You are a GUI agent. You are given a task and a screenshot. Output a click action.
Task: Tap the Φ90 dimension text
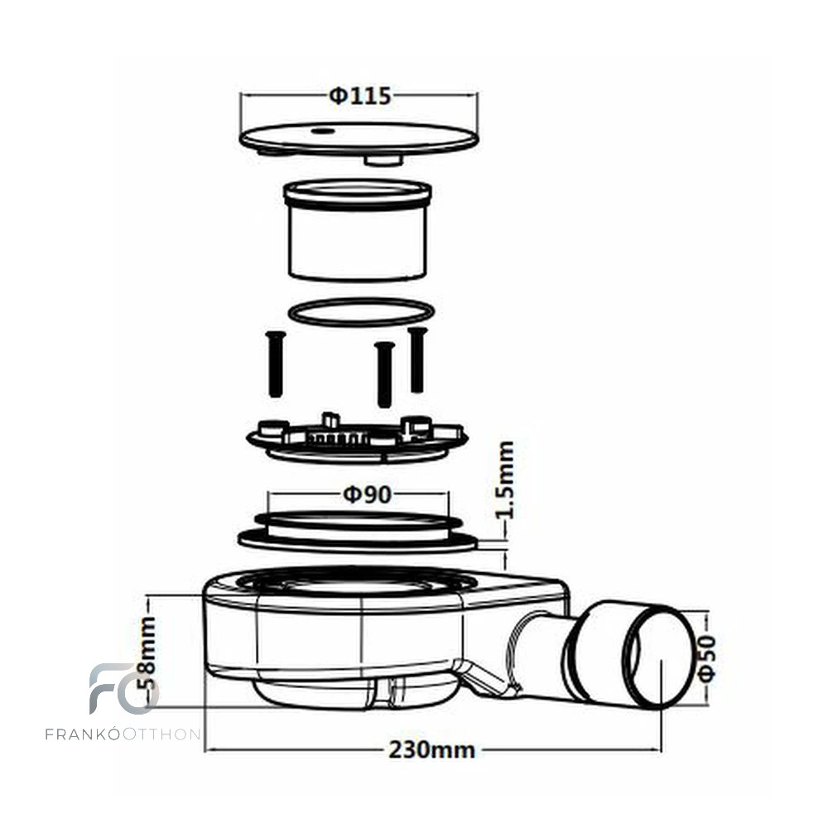click(367, 494)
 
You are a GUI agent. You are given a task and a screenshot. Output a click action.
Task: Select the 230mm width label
click(432, 749)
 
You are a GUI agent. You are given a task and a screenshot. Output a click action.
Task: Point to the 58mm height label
click(148, 652)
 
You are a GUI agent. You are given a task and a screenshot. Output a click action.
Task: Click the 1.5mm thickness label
click(505, 479)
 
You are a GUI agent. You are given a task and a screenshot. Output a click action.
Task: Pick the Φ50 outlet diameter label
click(707, 658)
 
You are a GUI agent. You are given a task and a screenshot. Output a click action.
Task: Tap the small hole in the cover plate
click(321, 129)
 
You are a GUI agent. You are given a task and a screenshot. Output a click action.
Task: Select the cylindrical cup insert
click(358, 230)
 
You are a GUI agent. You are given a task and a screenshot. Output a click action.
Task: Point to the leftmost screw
click(276, 364)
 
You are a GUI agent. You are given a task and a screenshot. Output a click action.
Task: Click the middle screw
click(385, 374)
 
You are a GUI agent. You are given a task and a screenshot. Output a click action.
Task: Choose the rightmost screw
click(417, 359)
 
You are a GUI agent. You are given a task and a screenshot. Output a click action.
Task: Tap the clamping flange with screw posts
click(358, 438)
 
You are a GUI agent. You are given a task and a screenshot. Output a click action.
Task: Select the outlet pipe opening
click(657, 657)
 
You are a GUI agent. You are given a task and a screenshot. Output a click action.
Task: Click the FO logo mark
click(123, 688)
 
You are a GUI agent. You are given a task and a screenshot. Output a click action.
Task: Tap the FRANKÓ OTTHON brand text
click(123, 734)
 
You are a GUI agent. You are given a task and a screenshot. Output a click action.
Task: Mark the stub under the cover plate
click(384, 159)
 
